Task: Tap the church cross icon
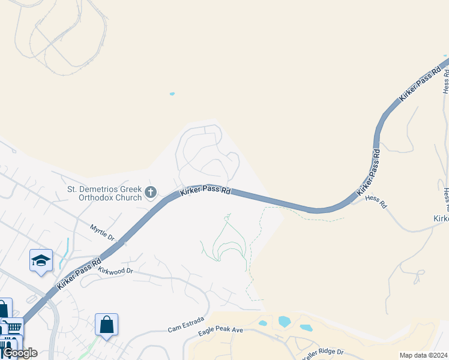coord(151,193)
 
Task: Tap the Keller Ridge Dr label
coord(322,352)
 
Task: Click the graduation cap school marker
coord(41,261)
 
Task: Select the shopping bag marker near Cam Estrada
coord(106,325)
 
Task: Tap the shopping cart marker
coord(13,328)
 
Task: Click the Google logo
coord(19,353)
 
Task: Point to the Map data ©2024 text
coord(423,355)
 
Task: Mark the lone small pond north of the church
coord(172,94)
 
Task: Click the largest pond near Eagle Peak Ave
coord(285,322)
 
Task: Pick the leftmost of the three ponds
coord(262,323)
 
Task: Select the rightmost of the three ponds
coord(306,328)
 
